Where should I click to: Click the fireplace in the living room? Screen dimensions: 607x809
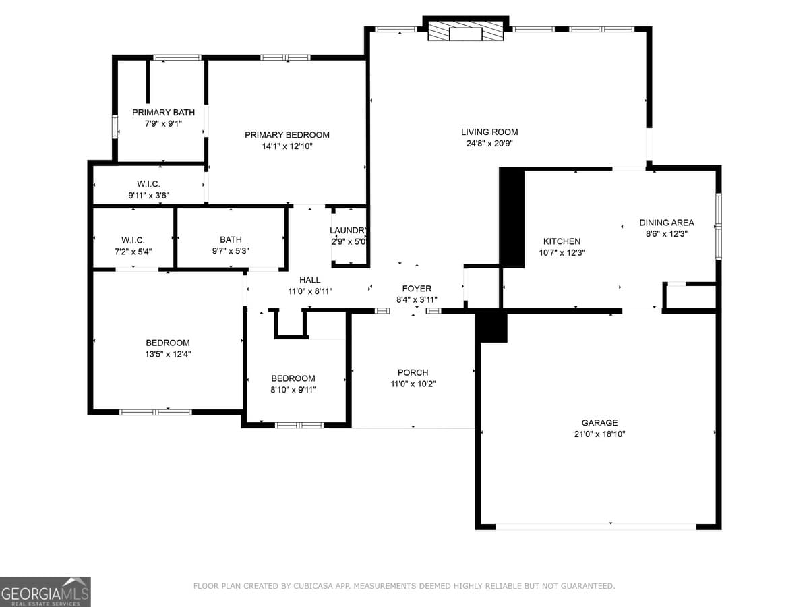(x=465, y=32)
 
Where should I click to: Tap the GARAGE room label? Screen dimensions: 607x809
(x=599, y=423)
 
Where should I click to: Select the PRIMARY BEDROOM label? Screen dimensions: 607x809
(x=287, y=135)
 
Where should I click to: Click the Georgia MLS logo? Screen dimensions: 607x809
(x=45, y=591)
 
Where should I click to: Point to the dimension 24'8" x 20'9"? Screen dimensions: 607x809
(x=489, y=143)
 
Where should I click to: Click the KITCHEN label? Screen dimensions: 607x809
(x=562, y=241)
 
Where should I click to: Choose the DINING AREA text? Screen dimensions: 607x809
(x=666, y=223)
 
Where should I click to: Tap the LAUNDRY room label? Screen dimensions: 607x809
(x=348, y=230)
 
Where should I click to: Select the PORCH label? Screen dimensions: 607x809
(x=413, y=372)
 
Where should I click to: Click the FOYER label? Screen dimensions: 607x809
(x=417, y=289)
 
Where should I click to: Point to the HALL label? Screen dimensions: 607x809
(x=310, y=280)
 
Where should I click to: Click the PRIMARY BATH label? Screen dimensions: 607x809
(x=163, y=113)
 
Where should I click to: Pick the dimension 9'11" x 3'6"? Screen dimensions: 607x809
(x=149, y=195)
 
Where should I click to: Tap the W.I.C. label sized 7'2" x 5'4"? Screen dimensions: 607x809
(x=133, y=240)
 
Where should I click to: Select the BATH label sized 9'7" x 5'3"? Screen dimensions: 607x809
(x=231, y=239)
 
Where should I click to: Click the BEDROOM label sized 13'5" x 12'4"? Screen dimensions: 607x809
(x=168, y=343)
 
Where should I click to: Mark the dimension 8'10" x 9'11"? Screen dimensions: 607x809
(x=293, y=389)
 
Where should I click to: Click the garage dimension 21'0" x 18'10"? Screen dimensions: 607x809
(x=599, y=434)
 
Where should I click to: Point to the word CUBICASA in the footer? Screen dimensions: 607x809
(x=316, y=586)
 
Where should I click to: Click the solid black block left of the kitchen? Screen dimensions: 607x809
(x=512, y=218)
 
